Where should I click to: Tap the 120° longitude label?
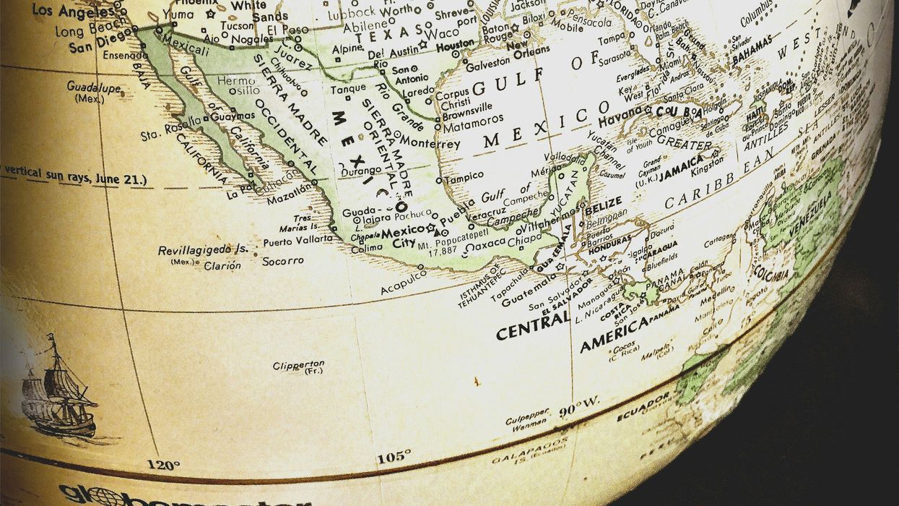tap(162, 464)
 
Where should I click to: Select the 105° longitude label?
tap(394, 456)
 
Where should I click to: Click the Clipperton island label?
tap(298, 366)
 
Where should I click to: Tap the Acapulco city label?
tap(404, 283)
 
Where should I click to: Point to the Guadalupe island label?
tap(93, 86)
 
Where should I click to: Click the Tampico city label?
tap(463, 177)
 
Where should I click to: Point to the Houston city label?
tap(455, 43)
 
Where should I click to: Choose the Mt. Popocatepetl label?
tap(453, 245)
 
